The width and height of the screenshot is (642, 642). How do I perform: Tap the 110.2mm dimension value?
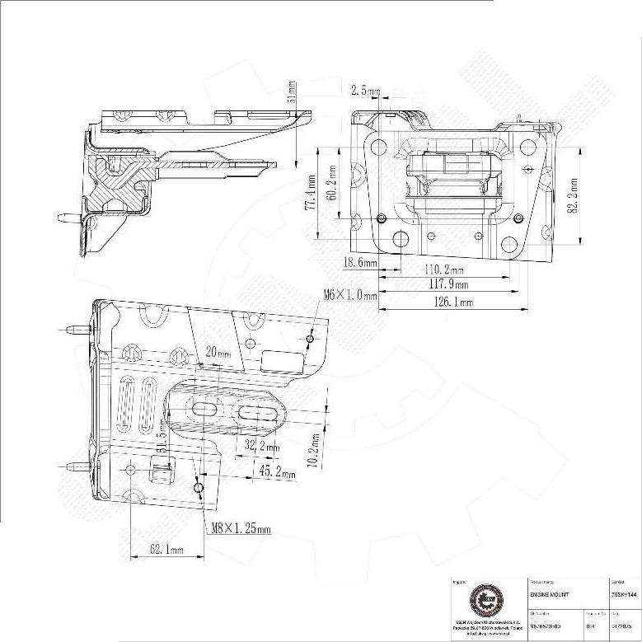[x=443, y=269]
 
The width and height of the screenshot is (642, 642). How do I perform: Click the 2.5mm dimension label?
[x=366, y=90]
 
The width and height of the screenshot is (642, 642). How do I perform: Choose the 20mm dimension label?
[x=218, y=351]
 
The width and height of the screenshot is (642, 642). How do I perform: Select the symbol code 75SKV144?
[x=624, y=594]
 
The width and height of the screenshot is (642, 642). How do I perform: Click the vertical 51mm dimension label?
[x=291, y=90]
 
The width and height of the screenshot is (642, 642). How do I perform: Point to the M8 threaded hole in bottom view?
[x=199, y=489]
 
